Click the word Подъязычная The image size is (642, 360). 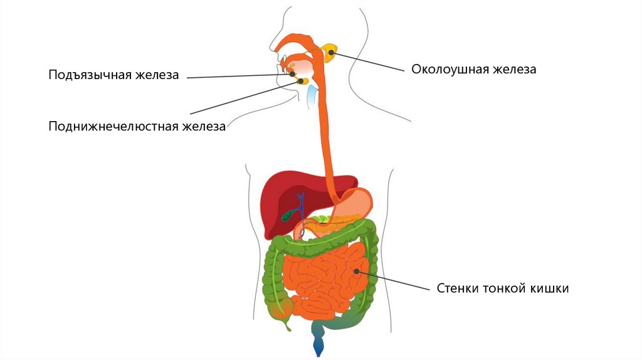89,76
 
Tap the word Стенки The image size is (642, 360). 457,289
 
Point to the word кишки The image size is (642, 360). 549,289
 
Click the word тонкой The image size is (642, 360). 504,289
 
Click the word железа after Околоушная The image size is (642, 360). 513,70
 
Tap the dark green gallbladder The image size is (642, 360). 288,215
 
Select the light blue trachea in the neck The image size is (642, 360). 312,94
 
